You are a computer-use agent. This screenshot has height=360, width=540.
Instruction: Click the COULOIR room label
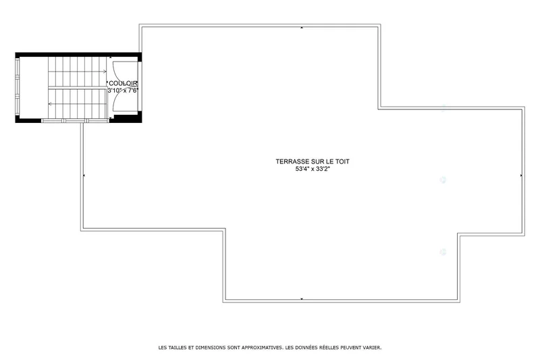(123, 83)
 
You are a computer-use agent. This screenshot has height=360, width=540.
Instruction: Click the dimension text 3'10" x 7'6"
(123, 91)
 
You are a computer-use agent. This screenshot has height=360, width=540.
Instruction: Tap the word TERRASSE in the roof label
(292, 161)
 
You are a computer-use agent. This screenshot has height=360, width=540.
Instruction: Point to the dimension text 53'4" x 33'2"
(313, 169)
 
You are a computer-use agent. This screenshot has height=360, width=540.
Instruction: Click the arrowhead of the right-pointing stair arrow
(105, 72)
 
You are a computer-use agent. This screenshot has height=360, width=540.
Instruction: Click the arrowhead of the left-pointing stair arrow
(50, 104)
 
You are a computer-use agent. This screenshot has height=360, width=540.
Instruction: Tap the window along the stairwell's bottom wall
(75, 121)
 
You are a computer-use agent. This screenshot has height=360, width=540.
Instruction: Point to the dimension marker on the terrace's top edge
(302, 27)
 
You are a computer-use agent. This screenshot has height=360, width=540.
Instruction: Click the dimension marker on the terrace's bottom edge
(302, 299)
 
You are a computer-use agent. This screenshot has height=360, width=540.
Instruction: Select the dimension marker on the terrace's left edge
(84, 176)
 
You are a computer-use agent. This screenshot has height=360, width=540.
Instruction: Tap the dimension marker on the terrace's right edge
(521, 176)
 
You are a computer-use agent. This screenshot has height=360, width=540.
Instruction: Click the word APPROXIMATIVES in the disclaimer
(262, 348)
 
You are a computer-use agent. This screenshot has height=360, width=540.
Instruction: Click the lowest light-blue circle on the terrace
(443, 252)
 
